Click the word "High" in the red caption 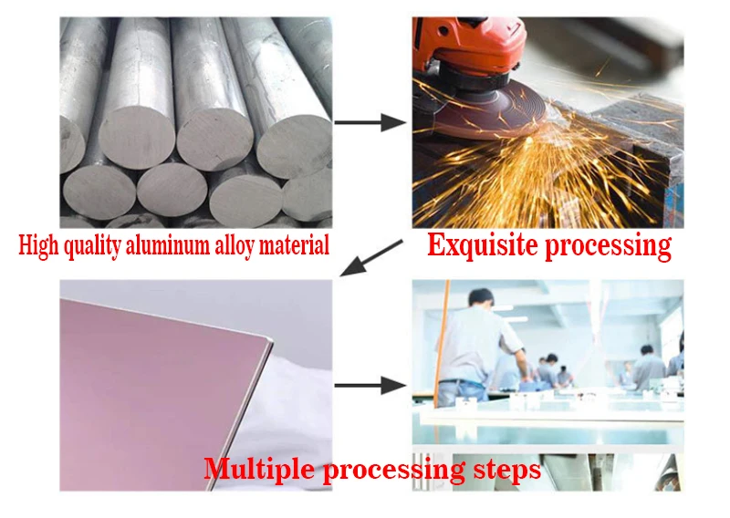37,245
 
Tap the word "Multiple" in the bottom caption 257,470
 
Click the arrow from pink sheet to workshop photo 370,385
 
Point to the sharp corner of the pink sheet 271,344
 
